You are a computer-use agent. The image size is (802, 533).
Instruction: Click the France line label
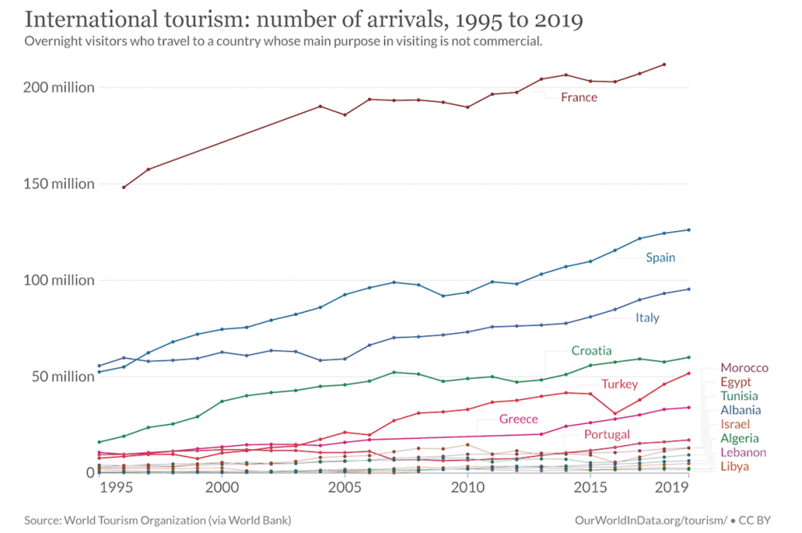[579, 97]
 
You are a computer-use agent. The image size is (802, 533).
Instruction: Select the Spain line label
[660, 257]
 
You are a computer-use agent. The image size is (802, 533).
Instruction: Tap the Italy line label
[647, 317]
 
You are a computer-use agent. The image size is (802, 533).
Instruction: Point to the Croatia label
[591, 350]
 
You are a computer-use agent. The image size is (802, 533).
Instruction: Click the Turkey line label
[619, 384]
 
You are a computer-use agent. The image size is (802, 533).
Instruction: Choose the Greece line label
[518, 419]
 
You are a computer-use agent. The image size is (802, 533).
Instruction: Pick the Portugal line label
[607, 434]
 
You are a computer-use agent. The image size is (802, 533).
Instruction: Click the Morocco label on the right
[744, 368]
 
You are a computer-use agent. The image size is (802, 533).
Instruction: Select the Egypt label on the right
[735, 382]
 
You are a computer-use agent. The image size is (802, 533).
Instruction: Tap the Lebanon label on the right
[743, 452]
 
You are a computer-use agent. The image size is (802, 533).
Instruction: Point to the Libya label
[735, 466]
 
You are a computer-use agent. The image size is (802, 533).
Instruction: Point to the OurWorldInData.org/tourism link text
[656, 520]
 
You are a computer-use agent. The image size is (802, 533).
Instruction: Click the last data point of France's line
[664, 64]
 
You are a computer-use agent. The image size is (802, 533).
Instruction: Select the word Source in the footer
[42, 520]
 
